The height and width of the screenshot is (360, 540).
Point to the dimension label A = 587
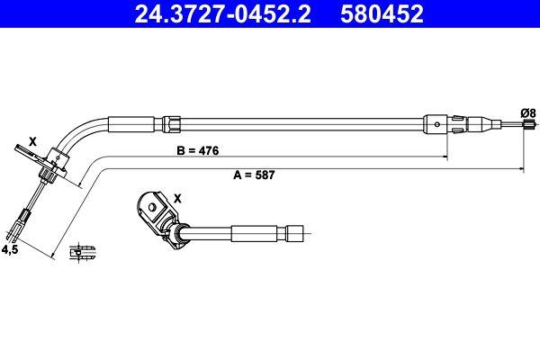point(253,176)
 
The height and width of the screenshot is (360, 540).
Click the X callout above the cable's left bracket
point(33,141)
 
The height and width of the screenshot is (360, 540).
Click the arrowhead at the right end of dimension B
point(445,158)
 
